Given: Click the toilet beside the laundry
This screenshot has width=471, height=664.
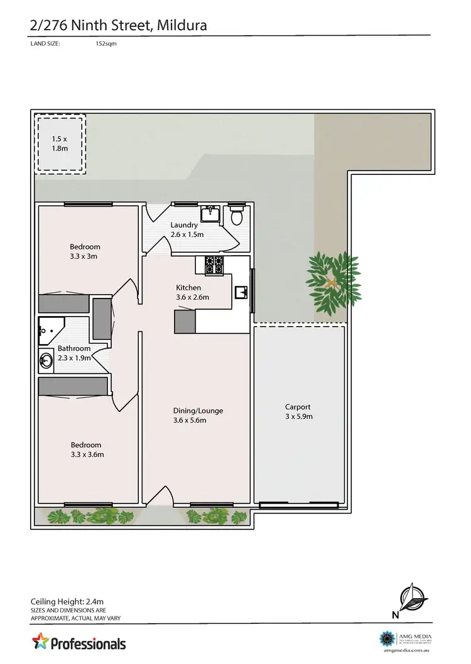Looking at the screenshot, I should (x=237, y=216).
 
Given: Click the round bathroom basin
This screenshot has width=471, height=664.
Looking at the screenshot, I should (x=46, y=361).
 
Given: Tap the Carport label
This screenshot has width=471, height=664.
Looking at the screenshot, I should (x=298, y=407).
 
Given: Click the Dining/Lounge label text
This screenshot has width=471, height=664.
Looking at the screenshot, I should (x=198, y=411).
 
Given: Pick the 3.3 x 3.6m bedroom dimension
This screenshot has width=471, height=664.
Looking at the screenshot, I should (x=87, y=455).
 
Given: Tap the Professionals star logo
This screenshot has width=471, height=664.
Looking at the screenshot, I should (x=41, y=643).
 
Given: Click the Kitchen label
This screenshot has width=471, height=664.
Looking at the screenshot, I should (x=188, y=288).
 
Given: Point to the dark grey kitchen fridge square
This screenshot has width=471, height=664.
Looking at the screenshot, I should (x=185, y=322).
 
